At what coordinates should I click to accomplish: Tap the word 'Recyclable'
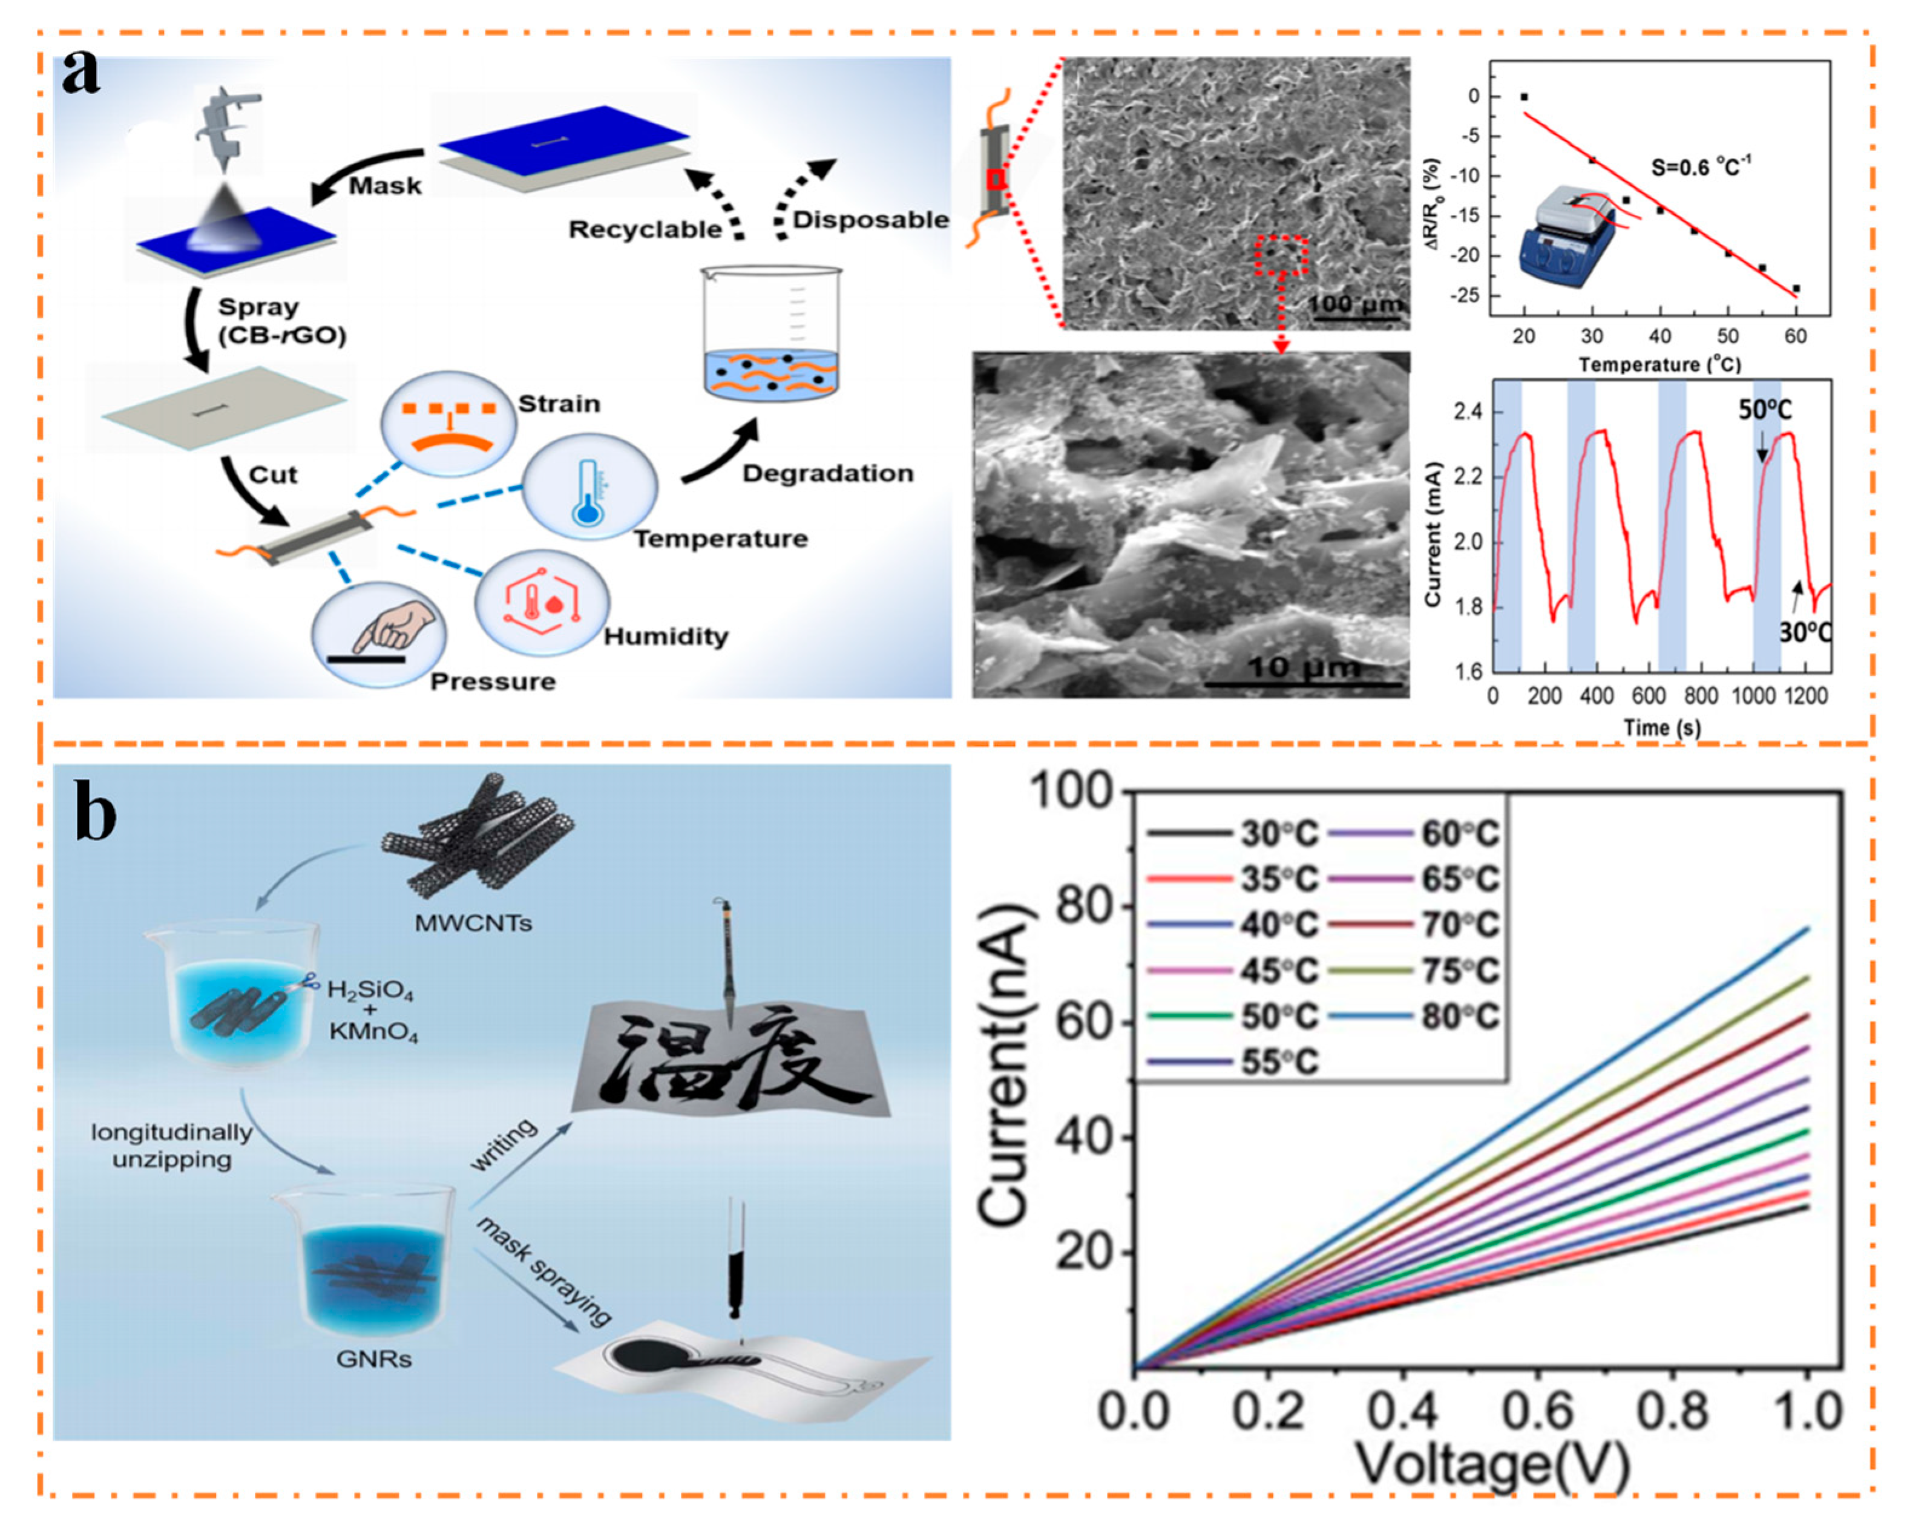coord(645,229)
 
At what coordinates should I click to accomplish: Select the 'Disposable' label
coord(870,220)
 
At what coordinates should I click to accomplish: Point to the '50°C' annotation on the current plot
coord(1764,410)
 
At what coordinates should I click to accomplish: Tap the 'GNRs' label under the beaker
coord(373,1358)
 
